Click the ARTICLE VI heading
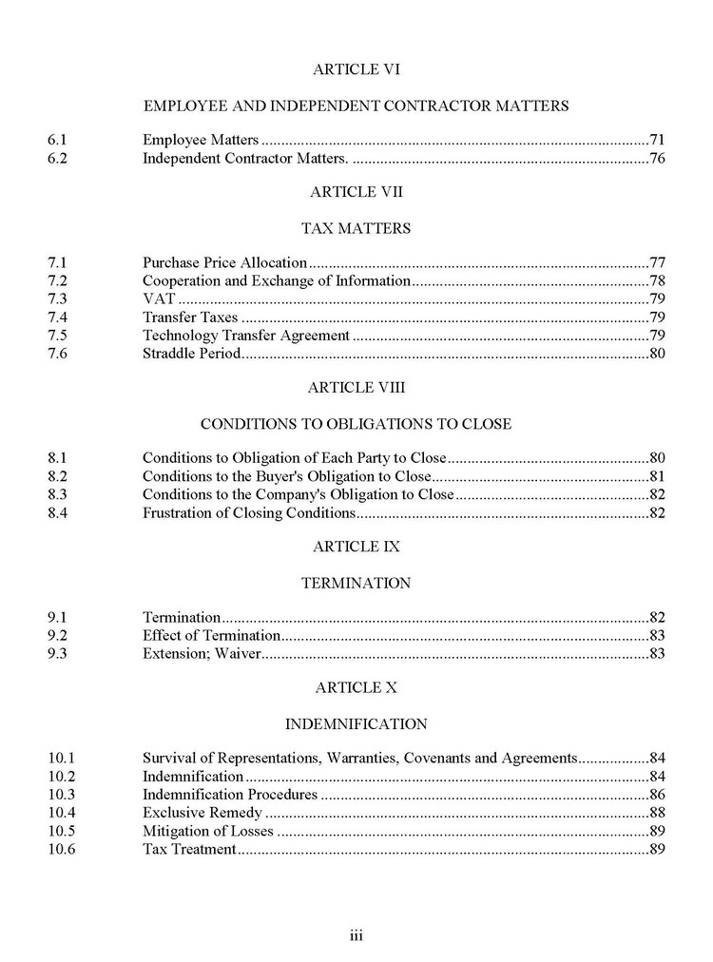[x=356, y=68]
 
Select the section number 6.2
[x=57, y=158]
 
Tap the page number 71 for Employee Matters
[x=656, y=140]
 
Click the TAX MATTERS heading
[x=356, y=228]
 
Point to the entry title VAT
[x=158, y=298]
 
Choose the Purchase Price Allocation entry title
[x=224, y=262]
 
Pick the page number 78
[x=656, y=280]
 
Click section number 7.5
[x=57, y=336]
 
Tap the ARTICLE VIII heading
[x=356, y=388]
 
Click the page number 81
[x=656, y=476]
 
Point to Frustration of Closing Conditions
[x=248, y=513]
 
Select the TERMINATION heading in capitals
[x=356, y=583]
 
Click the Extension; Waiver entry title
[x=202, y=654]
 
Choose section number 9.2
[x=57, y=635]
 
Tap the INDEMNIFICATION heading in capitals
[x=356, y=724]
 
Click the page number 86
[x=656, y=795]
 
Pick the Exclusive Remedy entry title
[x=202, y=813]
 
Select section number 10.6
[x=61, y=849]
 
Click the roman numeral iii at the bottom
[x=356, y=935]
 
